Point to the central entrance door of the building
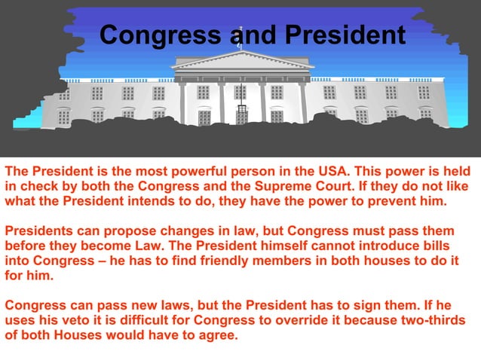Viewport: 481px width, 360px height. pyautogui.click(x=241, y=114)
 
